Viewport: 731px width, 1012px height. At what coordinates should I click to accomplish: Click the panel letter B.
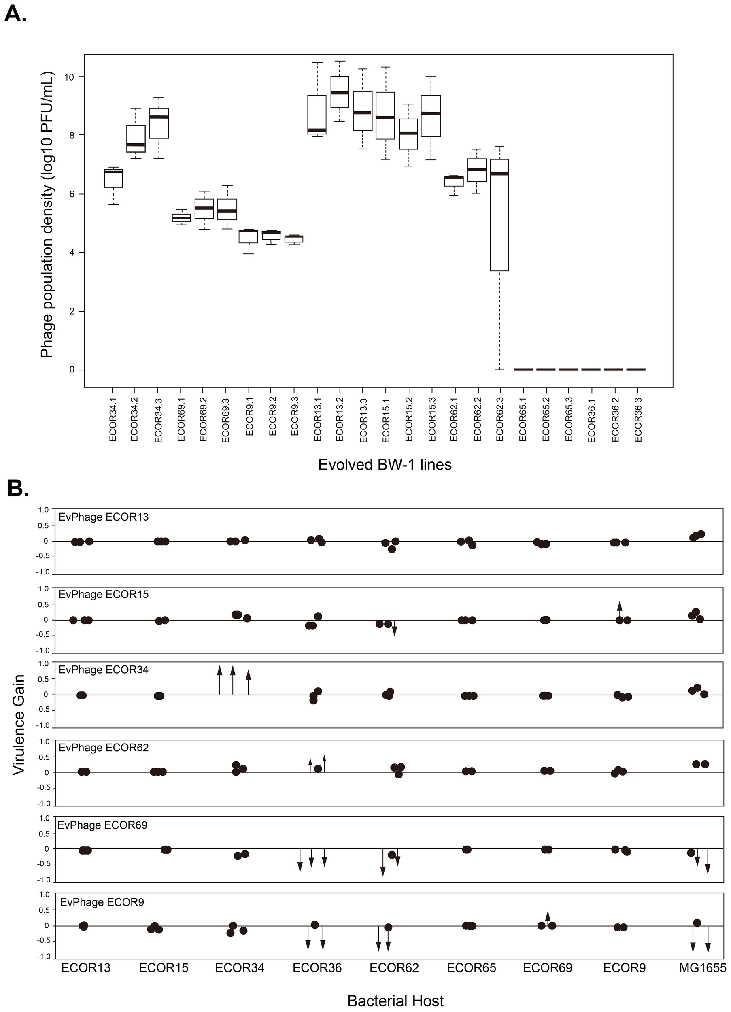coord(18,489)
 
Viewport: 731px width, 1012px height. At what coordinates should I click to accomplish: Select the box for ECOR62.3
coord(499,215)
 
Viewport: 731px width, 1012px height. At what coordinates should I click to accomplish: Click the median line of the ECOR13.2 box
coord(340,93)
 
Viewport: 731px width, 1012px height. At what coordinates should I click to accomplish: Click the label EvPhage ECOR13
coord(104,517)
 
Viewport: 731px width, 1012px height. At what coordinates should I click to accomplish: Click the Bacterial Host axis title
coord(395,1001)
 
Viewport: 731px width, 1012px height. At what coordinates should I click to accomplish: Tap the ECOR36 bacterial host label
coord(317,968)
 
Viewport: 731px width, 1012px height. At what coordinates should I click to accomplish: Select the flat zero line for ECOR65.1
coord(523,370)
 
